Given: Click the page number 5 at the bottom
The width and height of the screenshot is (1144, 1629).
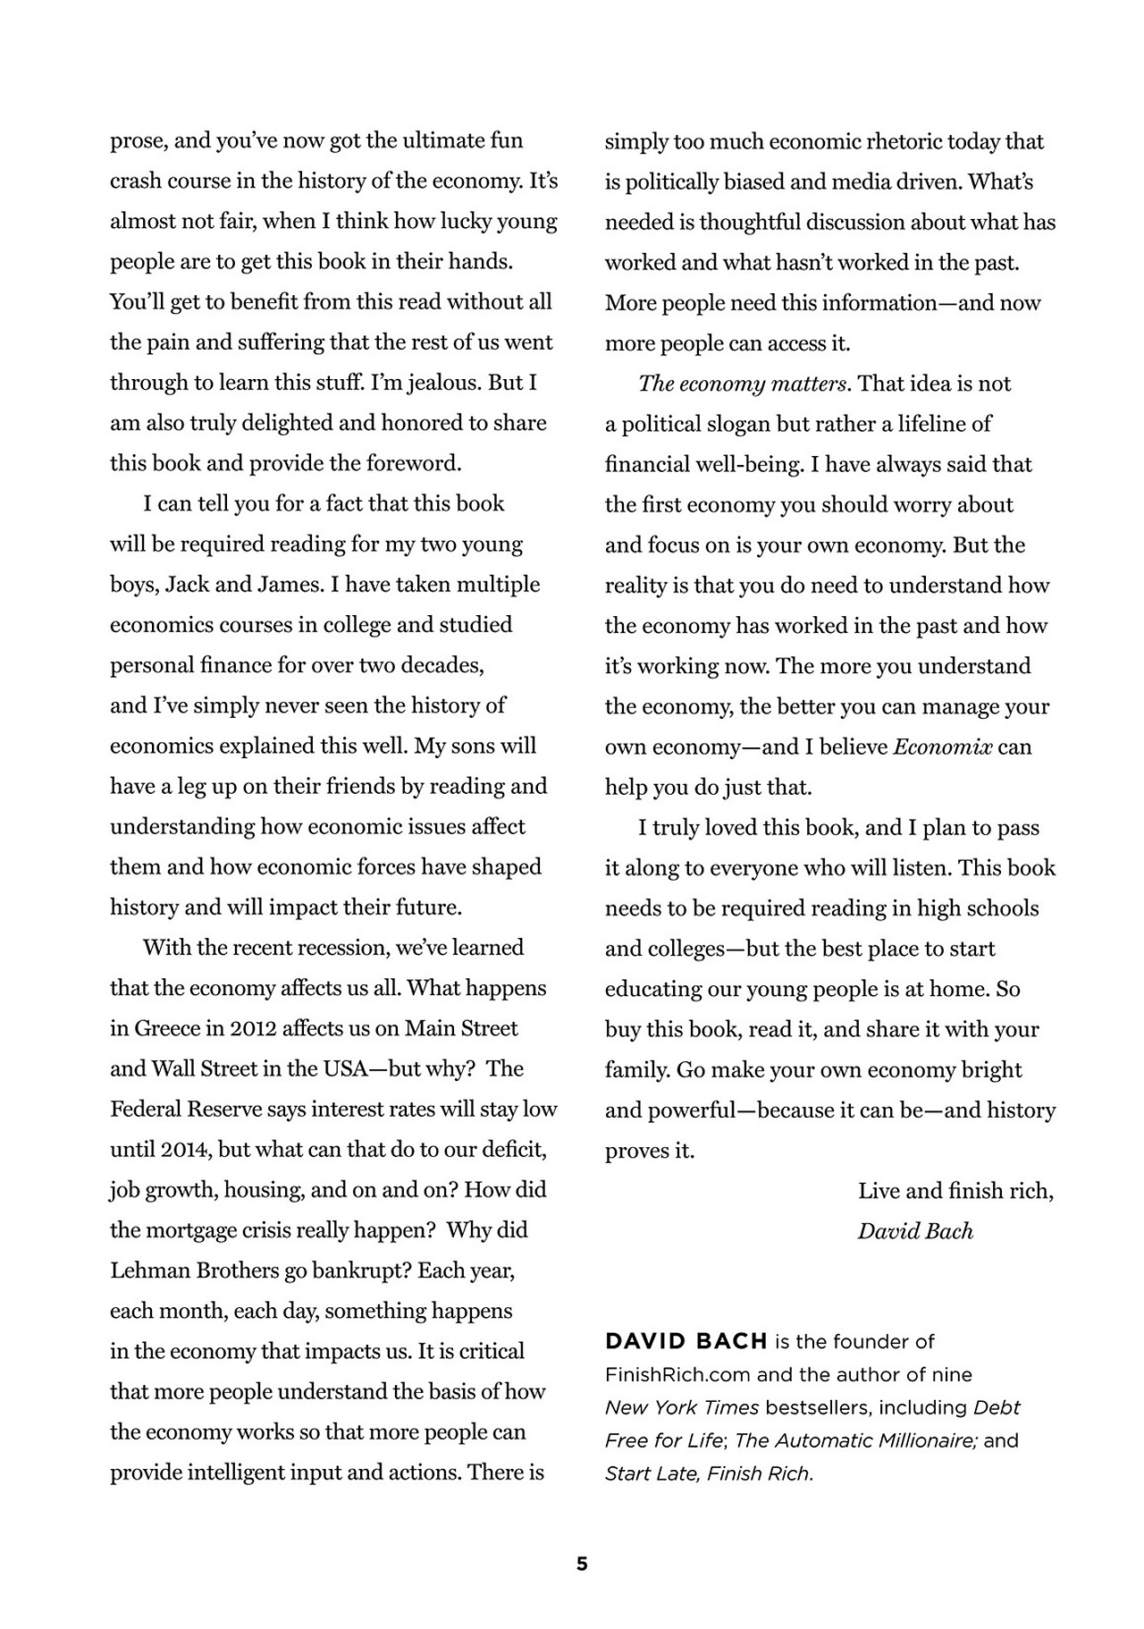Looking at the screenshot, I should (582, 1565).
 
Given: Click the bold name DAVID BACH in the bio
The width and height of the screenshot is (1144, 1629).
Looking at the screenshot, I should (686, 1341).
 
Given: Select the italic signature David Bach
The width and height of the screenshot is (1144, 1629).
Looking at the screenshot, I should (915, 1231).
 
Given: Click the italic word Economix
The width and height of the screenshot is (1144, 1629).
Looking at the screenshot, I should (942, 747).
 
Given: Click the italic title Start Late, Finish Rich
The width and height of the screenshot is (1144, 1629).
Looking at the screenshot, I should (709, 1473).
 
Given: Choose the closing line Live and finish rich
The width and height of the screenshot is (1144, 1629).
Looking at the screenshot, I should (955, 1191).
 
